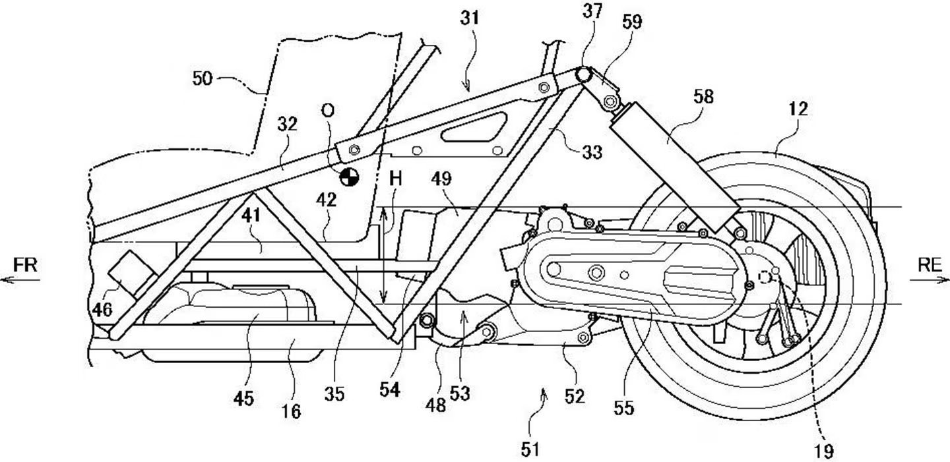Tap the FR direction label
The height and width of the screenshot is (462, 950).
25,266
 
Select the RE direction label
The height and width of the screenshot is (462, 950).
930,266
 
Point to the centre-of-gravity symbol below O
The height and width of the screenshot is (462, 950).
349,176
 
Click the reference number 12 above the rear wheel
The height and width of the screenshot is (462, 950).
798,109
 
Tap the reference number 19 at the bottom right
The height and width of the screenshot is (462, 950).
824,451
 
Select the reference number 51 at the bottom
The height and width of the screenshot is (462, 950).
530,449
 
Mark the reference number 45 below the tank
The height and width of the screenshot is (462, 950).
243,399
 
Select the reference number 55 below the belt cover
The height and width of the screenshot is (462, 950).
623,408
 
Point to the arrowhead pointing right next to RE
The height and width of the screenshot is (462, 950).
946,280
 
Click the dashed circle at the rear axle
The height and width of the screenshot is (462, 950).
766,277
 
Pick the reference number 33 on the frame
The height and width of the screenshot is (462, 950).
592,152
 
